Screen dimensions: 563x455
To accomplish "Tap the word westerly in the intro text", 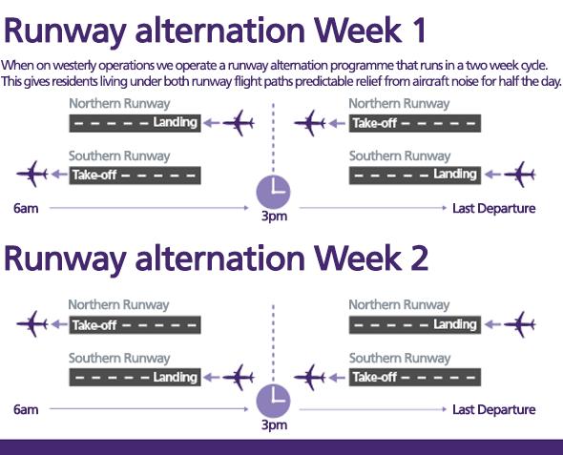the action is click(74, 66).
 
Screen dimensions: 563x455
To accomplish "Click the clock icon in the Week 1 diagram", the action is click(273, 192).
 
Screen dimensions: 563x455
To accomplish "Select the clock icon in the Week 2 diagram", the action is click(273, 401).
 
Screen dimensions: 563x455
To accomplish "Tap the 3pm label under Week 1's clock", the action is click(274, 216).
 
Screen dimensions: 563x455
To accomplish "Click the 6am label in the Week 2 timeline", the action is click(26, 409).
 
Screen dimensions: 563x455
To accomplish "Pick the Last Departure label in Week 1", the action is click(494, 208).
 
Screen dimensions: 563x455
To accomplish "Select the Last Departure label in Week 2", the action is click(494, 409).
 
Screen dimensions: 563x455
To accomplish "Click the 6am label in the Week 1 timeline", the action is click(26, 208).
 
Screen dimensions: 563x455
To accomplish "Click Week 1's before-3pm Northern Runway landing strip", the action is click(135, 123).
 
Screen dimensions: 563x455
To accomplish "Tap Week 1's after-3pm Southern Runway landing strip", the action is click(415, 176).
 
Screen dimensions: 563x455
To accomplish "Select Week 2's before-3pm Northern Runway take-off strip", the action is click(135, 324).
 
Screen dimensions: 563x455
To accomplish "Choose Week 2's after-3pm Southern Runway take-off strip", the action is click(415, 377).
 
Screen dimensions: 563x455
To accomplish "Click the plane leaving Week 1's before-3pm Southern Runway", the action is click(32, 174).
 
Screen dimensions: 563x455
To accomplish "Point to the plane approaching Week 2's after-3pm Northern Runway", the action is click(520, 324).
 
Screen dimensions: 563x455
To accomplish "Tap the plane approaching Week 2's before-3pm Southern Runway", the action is click(239, 377).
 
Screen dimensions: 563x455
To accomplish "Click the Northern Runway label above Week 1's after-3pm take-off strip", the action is click(399, 104).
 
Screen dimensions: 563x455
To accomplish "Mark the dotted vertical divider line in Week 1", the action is click(273, 138).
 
